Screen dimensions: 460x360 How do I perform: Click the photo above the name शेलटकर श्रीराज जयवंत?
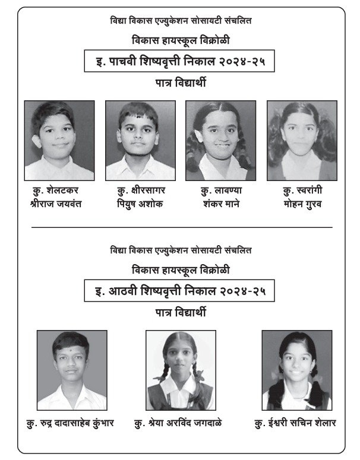[x=59, y=140]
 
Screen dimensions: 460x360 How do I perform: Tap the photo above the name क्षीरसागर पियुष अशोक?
[x=140, y=140]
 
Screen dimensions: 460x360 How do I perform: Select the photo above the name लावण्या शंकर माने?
[x=221, y=140]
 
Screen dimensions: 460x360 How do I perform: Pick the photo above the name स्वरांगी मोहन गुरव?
[x=302, y=140]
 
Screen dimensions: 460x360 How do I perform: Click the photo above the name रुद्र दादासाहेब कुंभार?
[x=72, y=370]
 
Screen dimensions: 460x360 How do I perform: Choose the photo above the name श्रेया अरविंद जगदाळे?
[x=180, y=370]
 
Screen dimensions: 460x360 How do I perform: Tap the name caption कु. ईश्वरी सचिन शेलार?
[x=295, y=423]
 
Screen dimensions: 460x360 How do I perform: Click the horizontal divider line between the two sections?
[x=181, y=227]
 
